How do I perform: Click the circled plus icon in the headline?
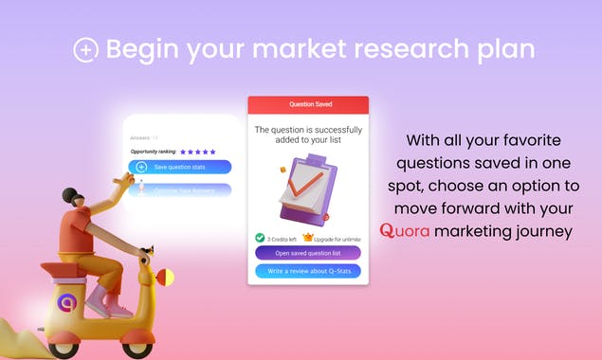click(85, 50)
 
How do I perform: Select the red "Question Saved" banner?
click(307, 105)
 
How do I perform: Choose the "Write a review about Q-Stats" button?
click(307, 270)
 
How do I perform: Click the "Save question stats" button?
click(181, 167)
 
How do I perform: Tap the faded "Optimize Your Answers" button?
click(181, 190)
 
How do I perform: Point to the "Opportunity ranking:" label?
click(154, 152)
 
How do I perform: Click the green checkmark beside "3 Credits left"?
click(260, 238)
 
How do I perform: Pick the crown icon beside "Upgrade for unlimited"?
click(308, 237)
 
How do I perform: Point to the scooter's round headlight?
click(166, 278)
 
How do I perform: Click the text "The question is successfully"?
click(307, 128)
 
